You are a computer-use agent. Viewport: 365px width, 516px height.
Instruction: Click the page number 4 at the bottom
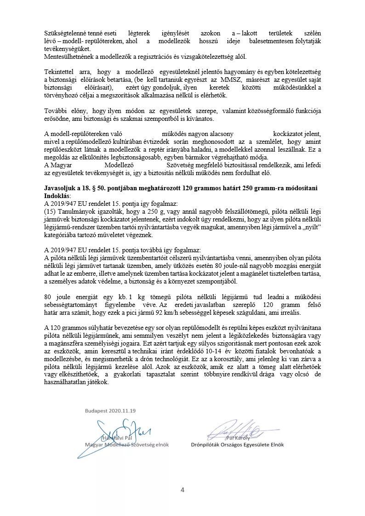[182, 490]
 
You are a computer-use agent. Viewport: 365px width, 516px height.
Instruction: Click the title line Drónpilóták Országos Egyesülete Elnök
[237, 445]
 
